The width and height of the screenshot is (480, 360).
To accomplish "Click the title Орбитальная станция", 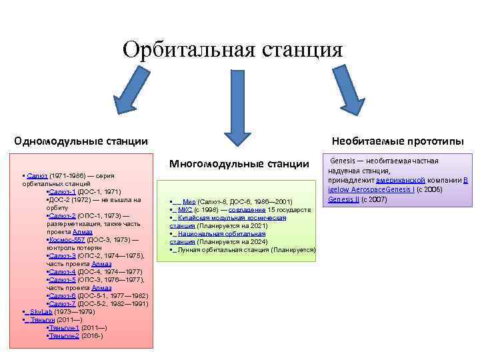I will click(x=232, y=49).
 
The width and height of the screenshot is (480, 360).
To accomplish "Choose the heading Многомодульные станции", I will click(x=239, y=163).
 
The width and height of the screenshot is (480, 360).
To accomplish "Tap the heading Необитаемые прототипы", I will click(x=397, y=141).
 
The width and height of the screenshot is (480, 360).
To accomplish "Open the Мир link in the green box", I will click(x=189, y=201).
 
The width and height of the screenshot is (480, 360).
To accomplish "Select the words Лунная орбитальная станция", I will click(x=215, y=249).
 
